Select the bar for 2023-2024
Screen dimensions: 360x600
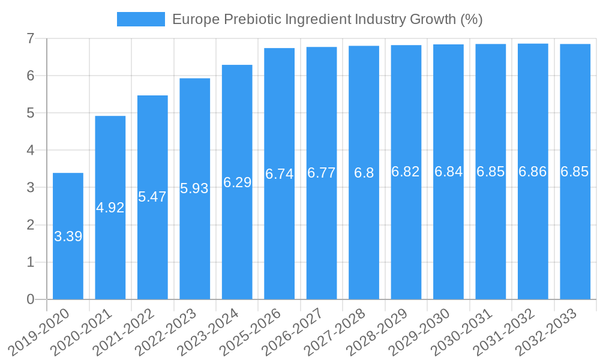(x=237, y=240)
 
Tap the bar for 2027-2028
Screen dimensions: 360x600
(x=364, y=240)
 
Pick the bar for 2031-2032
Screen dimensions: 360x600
(x=533, y=240)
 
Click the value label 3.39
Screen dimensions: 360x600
(x=68, y=236)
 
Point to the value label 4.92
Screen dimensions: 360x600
(x=110, y=208)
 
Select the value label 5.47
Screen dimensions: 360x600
(x=152, y=197)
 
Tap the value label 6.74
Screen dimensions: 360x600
(x=279, y=174)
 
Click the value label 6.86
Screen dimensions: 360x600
(x=533, y=172)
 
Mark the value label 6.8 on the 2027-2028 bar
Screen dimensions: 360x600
(x=364, y=173)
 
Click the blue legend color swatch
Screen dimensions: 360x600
(x=140, y=19)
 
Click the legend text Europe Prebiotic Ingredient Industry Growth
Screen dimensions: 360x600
(x=327, y=19)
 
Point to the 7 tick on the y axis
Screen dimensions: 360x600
(x=30, y=38)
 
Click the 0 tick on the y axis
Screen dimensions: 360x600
(x=30, y=299)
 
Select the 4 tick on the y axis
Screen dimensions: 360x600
(x=30, y=150)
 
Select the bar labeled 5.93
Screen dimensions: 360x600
(x=195, y=240)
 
